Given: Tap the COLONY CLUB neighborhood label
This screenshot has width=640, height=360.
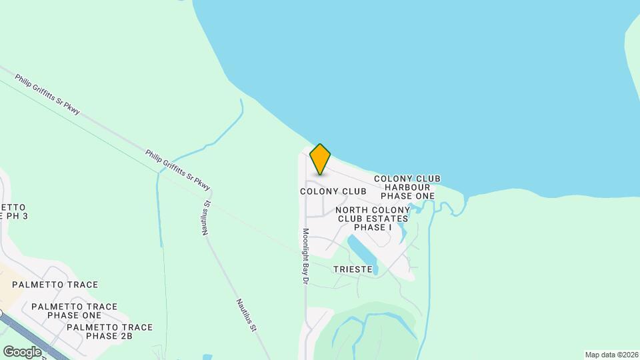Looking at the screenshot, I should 333,191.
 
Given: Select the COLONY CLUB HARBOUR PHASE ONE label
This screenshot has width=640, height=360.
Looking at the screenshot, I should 407,187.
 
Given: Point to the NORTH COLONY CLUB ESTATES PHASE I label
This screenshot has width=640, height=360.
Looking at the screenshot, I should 373,219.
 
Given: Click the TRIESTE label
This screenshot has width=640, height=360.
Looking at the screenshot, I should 353,269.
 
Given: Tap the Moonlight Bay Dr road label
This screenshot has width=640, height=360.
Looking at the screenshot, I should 305,257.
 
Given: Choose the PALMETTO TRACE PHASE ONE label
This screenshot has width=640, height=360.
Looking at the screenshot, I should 74,311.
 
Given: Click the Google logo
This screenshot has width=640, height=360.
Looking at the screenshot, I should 22,351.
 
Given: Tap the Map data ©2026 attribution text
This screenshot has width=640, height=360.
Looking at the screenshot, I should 611,355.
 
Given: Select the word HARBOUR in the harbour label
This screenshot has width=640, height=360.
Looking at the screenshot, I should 407,187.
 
